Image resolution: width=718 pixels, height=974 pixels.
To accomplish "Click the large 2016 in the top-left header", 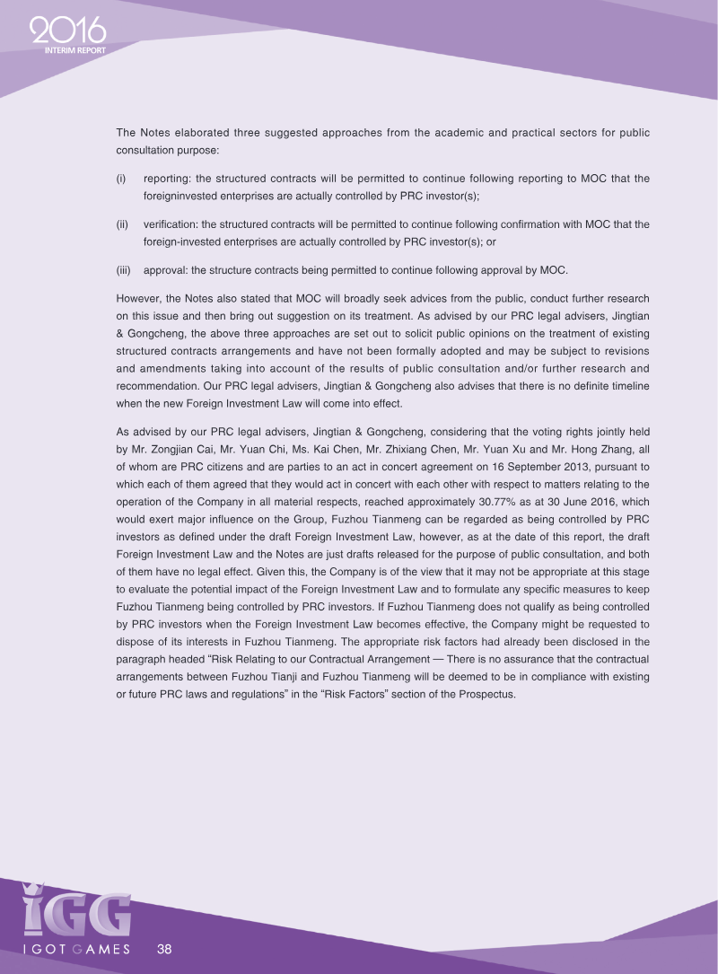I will click(67, 32).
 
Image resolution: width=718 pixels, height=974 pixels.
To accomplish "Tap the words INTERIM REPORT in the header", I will click(75, 50).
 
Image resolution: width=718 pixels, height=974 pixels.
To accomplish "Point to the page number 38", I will click(164, 949).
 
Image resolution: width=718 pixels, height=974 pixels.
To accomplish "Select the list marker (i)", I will click(121, 179).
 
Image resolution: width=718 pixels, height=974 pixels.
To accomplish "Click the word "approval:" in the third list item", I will click(166, 270).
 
